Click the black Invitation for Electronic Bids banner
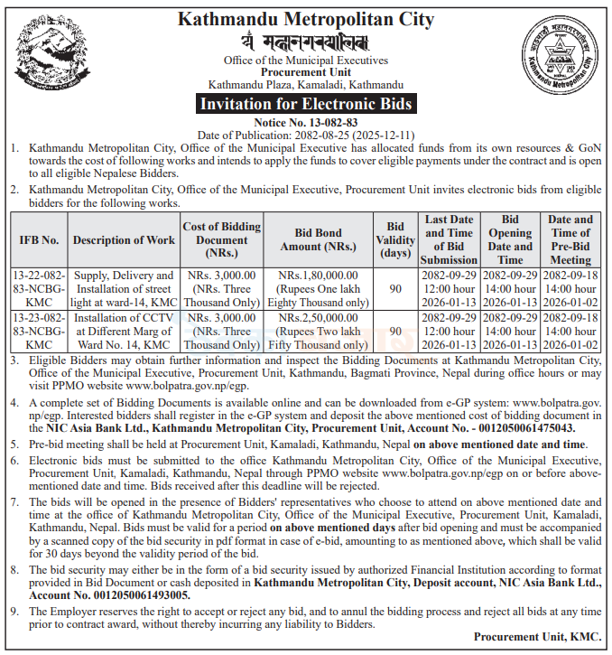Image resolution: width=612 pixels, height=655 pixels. coord(306,104)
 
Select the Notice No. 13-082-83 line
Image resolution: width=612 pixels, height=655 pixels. coord(306,121)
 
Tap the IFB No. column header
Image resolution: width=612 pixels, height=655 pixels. coord(39,239)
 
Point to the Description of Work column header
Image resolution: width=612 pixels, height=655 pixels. coord(124,239)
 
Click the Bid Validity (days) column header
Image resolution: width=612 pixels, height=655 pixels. coord(395,239)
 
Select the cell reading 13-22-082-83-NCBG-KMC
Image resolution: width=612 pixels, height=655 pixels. coord(39,288)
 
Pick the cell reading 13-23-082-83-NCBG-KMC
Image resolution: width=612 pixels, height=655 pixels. coord(39,331)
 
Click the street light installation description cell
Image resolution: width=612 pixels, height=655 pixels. coord(124,288)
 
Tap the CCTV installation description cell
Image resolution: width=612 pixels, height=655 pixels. coord(124,331)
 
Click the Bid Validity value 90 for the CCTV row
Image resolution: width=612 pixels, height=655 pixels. coord(395,332)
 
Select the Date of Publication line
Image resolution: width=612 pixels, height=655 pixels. coord(306,134)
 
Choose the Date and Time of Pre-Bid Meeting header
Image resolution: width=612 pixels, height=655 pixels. coord(570,239)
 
